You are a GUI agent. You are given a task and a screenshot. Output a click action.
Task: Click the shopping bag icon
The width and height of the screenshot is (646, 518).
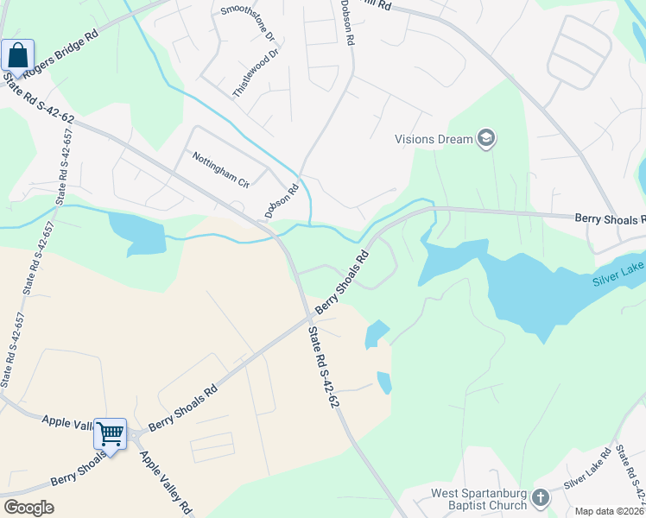[17, 57]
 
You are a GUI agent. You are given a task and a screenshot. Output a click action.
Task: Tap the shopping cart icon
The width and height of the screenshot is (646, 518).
[110, 433]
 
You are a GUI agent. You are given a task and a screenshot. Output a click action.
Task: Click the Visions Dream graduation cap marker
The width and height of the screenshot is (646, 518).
[486, 138]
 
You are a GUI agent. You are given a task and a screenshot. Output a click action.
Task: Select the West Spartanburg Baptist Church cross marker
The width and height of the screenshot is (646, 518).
[540, 498]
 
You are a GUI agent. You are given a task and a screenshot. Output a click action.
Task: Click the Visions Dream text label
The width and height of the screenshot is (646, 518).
[434, 139]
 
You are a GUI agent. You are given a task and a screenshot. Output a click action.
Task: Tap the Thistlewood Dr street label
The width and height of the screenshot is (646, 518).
[256, 73]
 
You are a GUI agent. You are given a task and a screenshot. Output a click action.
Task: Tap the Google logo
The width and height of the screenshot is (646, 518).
[28, 508]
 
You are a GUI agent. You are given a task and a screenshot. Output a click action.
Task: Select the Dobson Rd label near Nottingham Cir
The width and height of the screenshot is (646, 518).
[282, 201]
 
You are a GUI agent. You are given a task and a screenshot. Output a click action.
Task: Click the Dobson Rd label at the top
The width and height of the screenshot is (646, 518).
[349, 23]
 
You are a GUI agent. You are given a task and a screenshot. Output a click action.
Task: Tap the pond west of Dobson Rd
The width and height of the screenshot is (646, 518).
[136, 233]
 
